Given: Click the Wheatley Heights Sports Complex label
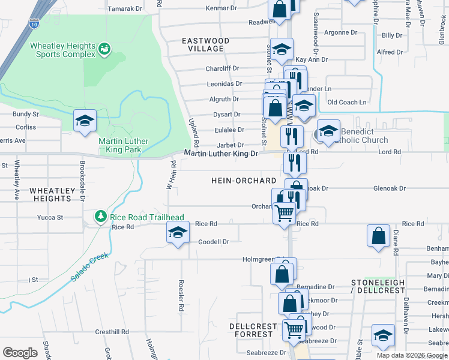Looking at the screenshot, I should click(62, 50).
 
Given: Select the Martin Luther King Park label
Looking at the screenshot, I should click(123, 146).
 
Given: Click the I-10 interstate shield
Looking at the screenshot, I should click(35, 24).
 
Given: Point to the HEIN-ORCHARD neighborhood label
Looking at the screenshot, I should click(243, 181).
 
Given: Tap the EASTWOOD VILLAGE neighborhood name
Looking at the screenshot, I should click(206, 44).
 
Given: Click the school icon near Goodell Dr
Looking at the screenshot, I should click(178, 233).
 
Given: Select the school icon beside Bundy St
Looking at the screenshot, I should click(85, 120).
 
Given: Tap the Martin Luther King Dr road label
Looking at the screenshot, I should click(220, 154).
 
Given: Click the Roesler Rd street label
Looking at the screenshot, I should click(180, 295).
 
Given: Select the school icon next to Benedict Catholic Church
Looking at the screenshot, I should click(328, 131).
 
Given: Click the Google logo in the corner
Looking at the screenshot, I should click(20, 352).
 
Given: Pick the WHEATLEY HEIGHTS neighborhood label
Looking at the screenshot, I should click(52, 194).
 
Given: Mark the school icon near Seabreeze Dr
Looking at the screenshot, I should click(382, 336).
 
